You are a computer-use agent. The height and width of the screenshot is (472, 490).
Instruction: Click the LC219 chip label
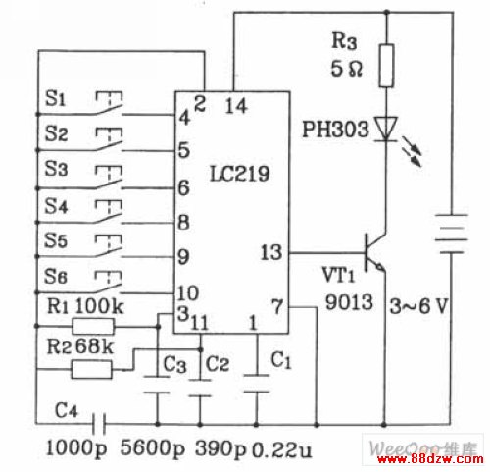[239, 173]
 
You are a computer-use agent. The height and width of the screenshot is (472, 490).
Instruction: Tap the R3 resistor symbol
[386, 66]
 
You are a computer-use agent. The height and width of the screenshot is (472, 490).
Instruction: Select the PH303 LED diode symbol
[386, 129]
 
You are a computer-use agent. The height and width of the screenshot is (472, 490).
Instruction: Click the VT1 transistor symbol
[374, 252]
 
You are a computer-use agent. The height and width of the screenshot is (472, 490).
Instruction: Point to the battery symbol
[452, 234]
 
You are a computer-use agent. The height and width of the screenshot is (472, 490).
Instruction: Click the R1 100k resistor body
[93, 326]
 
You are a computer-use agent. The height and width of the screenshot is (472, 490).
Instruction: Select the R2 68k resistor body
[91, 370]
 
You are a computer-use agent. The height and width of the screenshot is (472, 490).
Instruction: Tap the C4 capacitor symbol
[99, 424]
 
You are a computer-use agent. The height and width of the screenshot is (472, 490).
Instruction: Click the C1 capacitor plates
[257, 383]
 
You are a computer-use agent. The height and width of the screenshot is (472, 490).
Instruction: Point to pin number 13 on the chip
[270, 252]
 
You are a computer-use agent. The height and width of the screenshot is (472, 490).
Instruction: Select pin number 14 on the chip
[236, 106]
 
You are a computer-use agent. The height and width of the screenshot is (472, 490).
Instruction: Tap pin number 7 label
[277, 307]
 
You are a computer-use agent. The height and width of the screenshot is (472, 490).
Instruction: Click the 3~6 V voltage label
[418, 306]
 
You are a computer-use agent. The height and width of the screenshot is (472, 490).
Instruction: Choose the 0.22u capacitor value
[282, 450]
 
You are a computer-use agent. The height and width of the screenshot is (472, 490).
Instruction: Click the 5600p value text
[153, 447]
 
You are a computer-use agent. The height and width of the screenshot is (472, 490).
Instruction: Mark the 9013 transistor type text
[349, 301]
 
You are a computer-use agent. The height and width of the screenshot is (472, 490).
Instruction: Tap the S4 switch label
[56, 206]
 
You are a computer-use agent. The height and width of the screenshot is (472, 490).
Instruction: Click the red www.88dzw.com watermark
[430, 459]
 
